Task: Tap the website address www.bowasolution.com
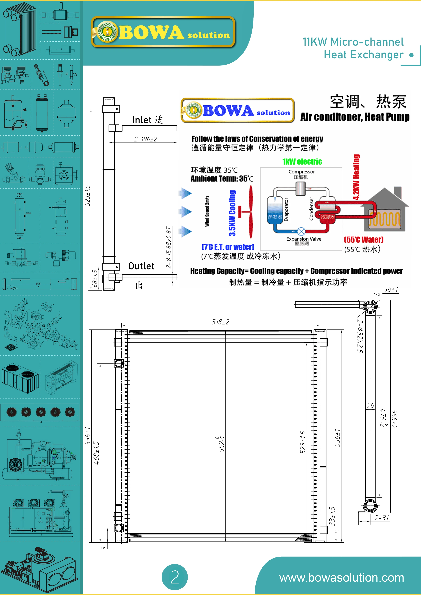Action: tap(341, 578)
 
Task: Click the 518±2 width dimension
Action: tap(221, 322)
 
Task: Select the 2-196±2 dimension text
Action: tap(145, 139)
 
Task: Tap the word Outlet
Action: tap(141, 266)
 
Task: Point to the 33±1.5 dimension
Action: tap(332, 516)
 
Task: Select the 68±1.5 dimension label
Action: tap(95, 278)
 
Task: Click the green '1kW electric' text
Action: tap(302, 162)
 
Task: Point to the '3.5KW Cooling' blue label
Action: tap(232, 213)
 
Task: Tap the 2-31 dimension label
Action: tap(382, 518)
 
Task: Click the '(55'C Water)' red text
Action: tap(363, 239)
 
